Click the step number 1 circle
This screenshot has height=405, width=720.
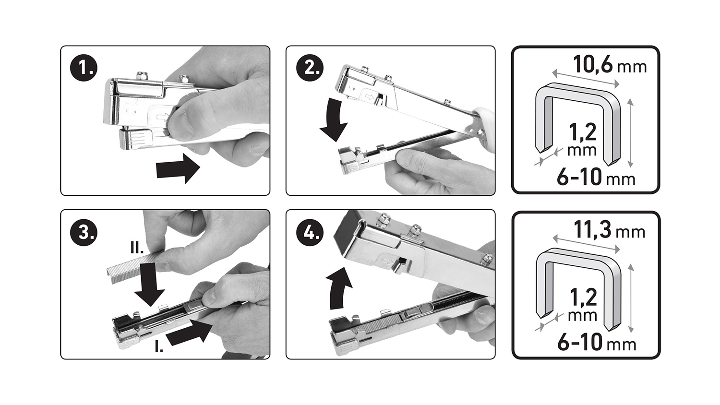84,68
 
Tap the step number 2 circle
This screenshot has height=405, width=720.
309,68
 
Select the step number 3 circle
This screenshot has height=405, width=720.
84,232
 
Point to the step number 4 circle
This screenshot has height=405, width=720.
309,232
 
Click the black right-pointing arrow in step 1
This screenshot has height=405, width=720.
178,168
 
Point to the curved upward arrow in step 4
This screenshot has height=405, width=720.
339,288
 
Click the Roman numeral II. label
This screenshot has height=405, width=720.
137,248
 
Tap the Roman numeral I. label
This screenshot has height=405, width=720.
159,346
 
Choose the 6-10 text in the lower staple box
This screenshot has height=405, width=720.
580,343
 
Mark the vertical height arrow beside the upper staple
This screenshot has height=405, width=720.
630,133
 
